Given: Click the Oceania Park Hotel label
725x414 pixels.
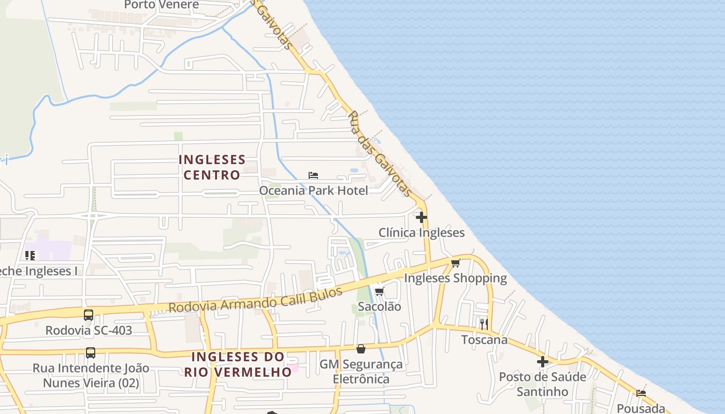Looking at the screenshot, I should [x=313, y=190].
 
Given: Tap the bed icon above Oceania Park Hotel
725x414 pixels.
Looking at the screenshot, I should [x=313, y=175].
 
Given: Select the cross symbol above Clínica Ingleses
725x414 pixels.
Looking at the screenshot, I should [x=422, y=217].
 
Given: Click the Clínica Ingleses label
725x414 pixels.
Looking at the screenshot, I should [x=422, y=233].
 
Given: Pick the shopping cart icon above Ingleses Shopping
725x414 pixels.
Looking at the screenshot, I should [x=455, y=263].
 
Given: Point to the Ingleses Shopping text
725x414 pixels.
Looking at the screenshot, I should [x=455, y=278].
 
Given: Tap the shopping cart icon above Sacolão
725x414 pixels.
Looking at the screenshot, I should [x=379, y=291].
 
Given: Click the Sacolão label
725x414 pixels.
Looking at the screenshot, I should [x=380, y=306].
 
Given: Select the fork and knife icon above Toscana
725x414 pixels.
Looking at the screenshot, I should [x=484, y=324].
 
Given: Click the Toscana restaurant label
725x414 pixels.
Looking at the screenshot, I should [x=484, y=340].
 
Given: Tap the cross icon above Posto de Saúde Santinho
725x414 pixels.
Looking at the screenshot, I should [x=543, y=362].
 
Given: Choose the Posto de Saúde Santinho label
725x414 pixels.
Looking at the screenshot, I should [x=542, y=384].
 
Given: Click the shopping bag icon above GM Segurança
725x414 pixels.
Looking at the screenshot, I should [x=361, y=349].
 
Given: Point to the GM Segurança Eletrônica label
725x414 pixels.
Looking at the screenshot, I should [x=361, y=372].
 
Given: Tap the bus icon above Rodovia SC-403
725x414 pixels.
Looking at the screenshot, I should [x=89, y=315].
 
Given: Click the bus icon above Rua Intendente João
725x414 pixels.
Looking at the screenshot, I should [x=91, y=353].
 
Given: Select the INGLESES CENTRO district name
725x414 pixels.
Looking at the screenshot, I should [x=212, y=167].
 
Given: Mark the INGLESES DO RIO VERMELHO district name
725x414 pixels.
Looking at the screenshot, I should [x=238, y=364].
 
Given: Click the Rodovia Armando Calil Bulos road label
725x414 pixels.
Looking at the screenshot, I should [x=256, y=300].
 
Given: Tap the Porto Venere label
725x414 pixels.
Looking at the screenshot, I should [x=162, y=5].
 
